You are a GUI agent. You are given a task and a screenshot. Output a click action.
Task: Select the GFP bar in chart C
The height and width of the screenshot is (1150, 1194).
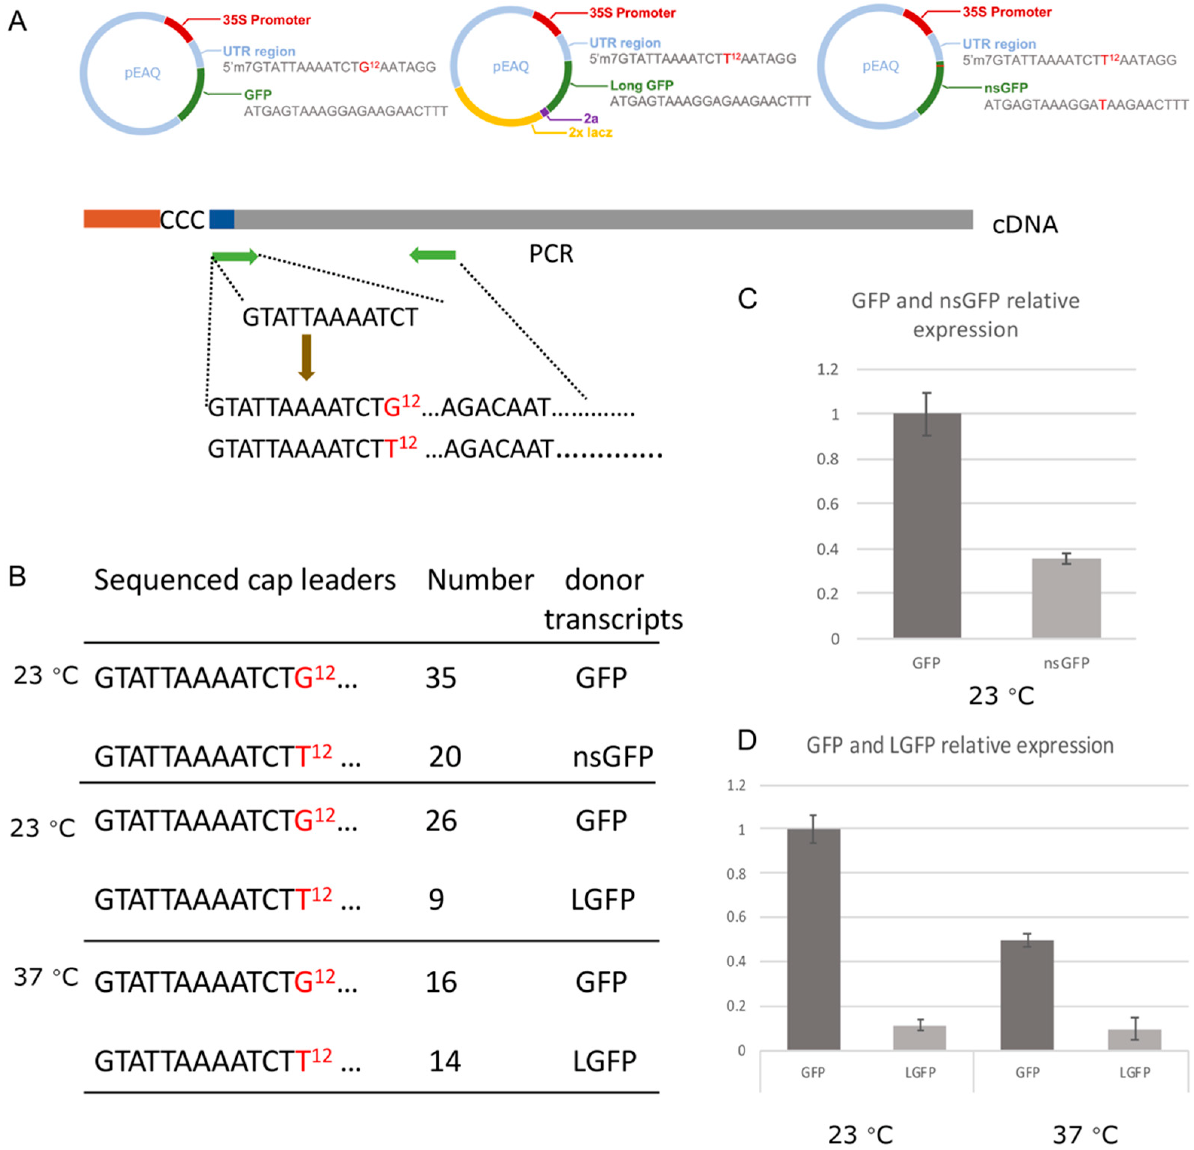[927, 525]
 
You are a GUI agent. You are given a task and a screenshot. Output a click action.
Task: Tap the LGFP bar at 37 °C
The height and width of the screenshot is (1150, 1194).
[1134, 1039]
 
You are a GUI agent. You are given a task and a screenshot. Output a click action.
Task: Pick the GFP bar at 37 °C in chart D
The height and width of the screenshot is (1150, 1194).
[1027, 994]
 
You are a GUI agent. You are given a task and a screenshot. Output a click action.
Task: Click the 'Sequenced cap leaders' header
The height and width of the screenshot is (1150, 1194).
[245, 580]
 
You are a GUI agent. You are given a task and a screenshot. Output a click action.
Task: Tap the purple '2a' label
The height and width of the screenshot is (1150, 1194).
[590, 119]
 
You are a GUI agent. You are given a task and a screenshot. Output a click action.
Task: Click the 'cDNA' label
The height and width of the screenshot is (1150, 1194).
[1025, 225]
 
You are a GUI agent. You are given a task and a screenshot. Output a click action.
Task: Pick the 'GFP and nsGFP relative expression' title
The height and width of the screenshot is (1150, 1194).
[965, 315]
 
